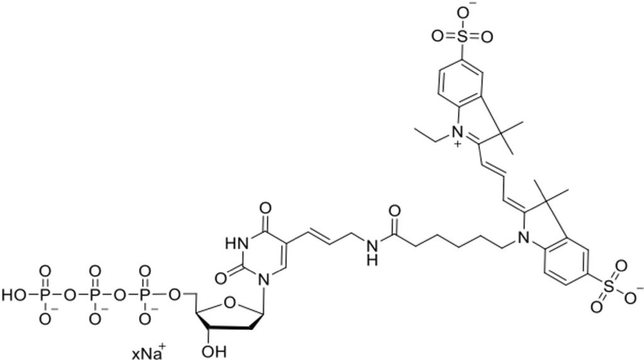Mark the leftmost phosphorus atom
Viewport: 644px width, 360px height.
click(45, 294)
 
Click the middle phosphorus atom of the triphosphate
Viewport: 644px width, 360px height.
click(95, 294)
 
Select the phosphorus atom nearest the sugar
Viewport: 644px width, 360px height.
click(145, 294)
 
